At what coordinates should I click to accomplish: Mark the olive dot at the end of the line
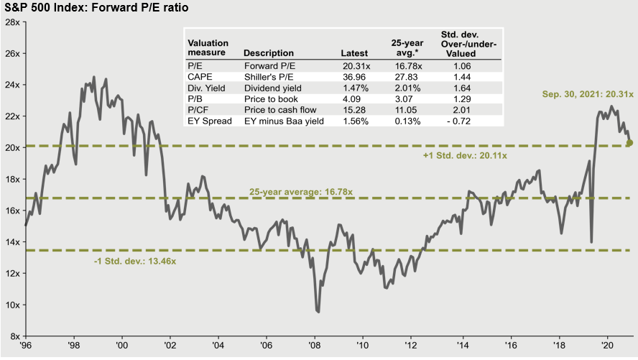630,143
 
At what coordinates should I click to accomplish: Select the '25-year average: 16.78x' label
301,192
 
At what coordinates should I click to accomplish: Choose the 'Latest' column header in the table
354,52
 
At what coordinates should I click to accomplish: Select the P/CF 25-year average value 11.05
408,110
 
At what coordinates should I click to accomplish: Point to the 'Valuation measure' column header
208,47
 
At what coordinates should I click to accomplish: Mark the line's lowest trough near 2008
318,312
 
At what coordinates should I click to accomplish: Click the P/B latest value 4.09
352,98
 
